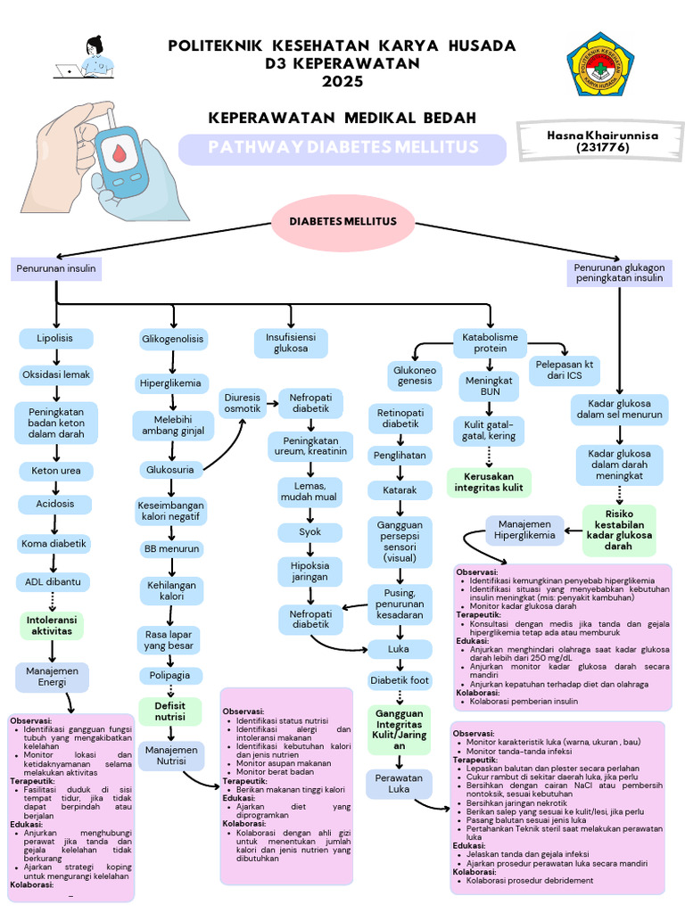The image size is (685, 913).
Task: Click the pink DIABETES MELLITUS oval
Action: (x=342, y=221)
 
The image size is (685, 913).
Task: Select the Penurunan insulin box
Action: (x=56, y=268)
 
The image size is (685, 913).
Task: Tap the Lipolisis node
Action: (x=55, y=339)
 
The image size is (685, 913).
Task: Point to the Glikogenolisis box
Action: (x=173, y=340)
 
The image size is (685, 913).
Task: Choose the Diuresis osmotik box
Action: (x=243, y=401)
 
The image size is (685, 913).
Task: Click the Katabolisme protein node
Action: (x=491, y=343)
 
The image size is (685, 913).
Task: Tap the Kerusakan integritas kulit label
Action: (x=489, y=481)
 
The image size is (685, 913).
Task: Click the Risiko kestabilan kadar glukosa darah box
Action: (x=619, y=529)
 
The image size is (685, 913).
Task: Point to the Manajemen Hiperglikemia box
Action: (x=524, y=530)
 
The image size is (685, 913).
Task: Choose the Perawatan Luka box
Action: (x=399, y=784)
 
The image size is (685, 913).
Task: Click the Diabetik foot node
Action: (x=400, y=680)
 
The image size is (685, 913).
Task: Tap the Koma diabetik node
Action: (x=55, y=543)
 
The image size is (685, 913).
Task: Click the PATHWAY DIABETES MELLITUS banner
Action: (x=343, y=148)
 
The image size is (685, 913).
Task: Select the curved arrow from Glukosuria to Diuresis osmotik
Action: (x=227, y=446)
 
